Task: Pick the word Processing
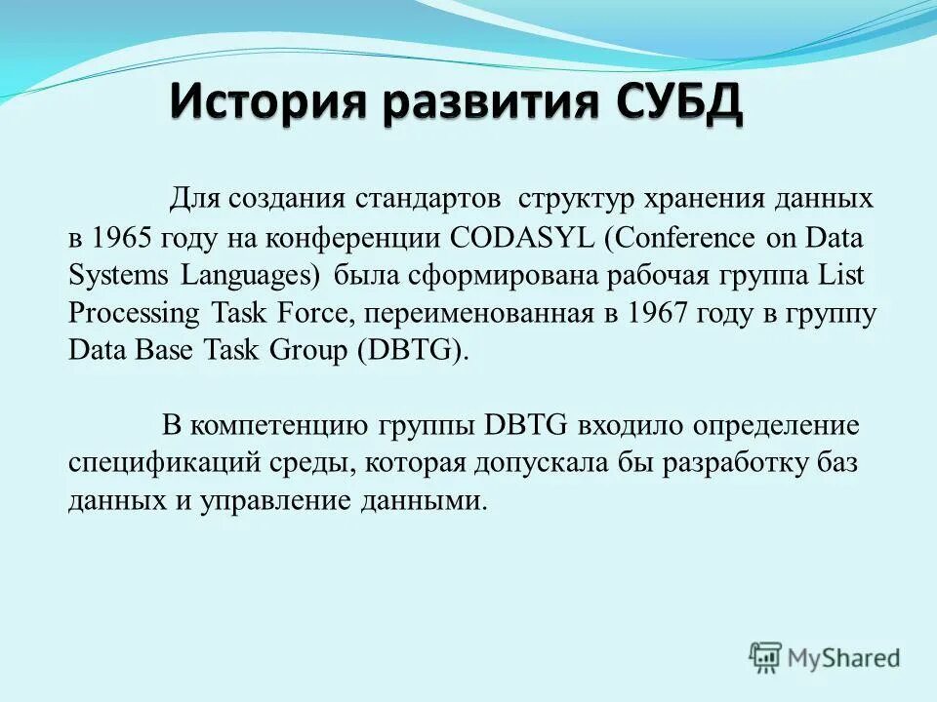[x=134, y=314]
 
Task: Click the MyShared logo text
[x=845, y=658]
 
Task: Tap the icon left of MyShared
[x=765, y=657]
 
